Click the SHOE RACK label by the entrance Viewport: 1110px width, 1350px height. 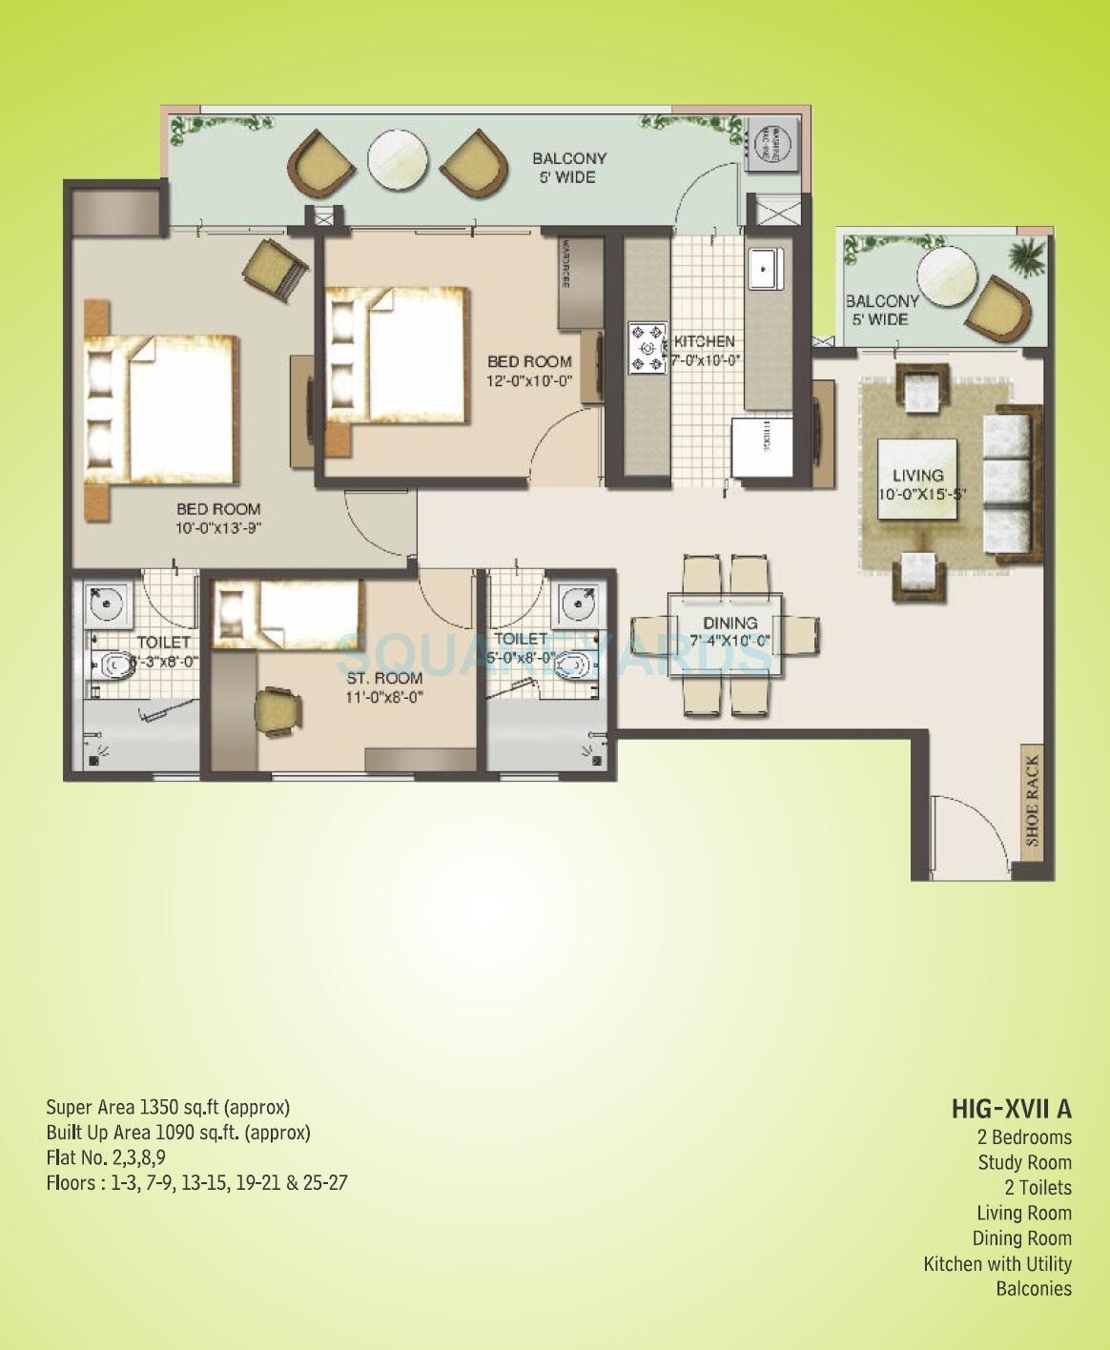pos(1033,801)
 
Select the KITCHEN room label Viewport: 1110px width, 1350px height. pos(705,341)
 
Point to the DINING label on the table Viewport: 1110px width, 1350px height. pos(730,623)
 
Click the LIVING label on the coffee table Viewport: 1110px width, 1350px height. pos(917,475)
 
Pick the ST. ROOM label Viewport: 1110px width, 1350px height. pos(384,678)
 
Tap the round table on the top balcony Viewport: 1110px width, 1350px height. pos(398,157)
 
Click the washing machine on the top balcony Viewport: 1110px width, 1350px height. pos(773,145)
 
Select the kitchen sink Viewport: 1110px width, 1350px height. pos(766,268)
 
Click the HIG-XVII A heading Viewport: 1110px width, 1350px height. pos(1011,1109)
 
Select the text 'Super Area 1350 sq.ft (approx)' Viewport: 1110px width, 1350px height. pos(168,1107)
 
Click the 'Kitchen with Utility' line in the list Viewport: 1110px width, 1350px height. pos(997,1264)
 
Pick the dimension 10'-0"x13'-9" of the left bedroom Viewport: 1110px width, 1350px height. pos(218,527)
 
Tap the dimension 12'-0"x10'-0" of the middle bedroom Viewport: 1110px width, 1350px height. pos(529,379)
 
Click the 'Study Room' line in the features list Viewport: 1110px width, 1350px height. pos(1024,1162)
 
